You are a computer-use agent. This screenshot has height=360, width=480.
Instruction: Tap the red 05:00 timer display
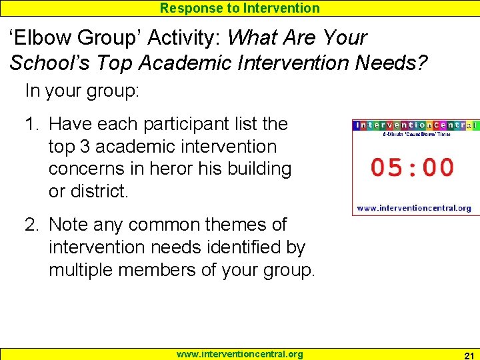[412, 167]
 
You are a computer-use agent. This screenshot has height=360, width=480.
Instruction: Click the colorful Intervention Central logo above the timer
[415, 125]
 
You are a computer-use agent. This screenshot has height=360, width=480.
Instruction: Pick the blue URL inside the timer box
[414, 208]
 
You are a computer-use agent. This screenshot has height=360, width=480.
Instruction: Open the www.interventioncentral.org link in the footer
[239, 354]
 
